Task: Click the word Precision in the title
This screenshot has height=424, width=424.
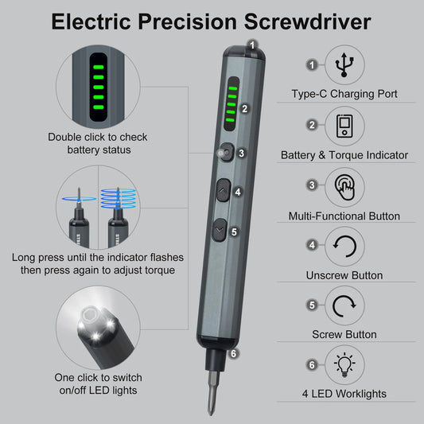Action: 212,21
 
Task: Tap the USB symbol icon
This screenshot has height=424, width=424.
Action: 344,64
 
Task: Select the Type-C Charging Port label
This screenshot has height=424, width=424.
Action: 344,94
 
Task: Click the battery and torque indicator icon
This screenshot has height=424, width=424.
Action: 344,126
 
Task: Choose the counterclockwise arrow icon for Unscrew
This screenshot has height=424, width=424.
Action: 344,246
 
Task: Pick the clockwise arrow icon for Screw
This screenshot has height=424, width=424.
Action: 344,305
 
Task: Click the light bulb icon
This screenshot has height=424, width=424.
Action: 344,364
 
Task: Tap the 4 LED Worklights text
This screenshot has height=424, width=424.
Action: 344,395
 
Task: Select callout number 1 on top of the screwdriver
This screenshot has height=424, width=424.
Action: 251,45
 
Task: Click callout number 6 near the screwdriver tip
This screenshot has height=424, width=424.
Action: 233,354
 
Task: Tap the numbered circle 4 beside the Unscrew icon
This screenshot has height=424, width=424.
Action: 313,245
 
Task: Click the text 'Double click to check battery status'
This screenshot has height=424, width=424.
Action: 98,143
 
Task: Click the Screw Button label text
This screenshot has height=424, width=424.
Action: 344,335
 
